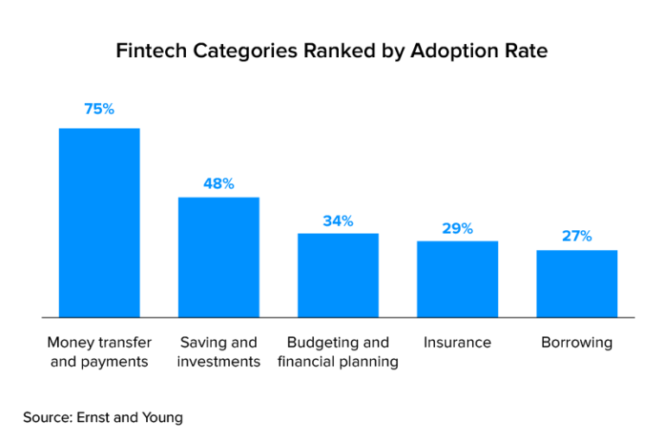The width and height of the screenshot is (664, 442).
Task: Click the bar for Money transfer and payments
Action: pos(99,222)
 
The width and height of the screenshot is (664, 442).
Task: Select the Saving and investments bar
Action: pos(219,257)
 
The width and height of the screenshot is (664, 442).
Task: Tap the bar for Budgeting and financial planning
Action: pos(338,275)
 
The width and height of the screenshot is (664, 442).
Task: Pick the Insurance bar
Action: pos(457,279)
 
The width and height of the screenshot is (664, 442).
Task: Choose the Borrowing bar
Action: pos(577,283)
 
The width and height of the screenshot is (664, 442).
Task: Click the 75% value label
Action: pos(99,109)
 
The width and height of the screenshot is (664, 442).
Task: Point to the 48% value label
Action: pos(219,183)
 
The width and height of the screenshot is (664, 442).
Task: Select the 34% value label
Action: pos(338,221)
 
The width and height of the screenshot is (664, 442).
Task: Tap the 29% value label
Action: pos(457,228)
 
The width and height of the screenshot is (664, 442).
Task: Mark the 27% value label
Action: pos(577,236)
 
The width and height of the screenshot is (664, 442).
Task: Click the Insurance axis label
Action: pos(457,343)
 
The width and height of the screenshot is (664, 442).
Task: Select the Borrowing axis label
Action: pos(577,343)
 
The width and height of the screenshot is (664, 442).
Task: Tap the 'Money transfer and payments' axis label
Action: pos(99,352)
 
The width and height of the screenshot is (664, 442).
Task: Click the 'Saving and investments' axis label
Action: pos(219,352)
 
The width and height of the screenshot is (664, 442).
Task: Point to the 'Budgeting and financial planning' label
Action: pos(338,352)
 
